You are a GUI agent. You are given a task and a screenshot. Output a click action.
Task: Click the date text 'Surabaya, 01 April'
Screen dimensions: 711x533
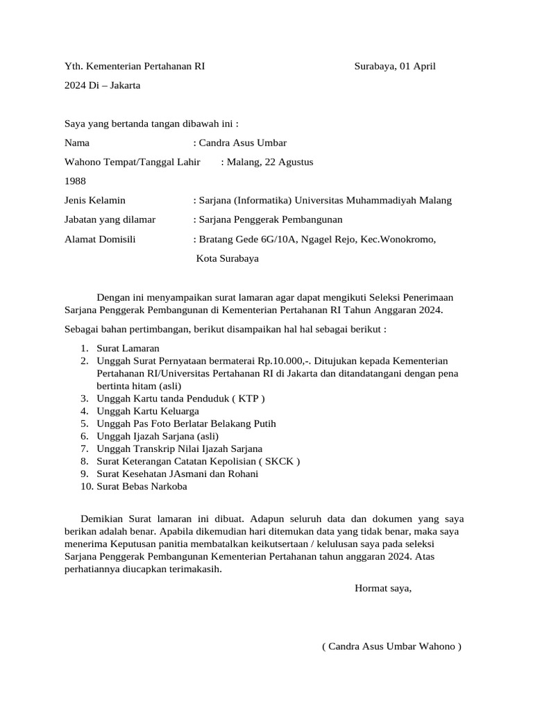[x=394, y=67]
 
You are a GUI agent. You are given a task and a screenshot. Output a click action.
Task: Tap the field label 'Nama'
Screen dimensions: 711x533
[x=77, y=143]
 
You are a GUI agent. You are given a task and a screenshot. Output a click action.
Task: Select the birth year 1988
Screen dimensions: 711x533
[x=75, y=181]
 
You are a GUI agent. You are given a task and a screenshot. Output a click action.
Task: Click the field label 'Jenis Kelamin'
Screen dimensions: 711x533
[x=95, y=200]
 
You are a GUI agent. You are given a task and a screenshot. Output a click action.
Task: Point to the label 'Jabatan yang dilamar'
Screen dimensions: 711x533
[x=110, y=219]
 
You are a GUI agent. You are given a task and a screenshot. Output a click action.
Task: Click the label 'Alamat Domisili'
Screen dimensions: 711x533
[x=100, y=240]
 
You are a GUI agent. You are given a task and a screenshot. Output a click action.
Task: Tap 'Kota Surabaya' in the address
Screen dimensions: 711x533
[x=228, y=258]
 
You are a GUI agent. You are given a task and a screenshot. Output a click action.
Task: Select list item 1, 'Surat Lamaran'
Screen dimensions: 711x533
[x=128, y=348]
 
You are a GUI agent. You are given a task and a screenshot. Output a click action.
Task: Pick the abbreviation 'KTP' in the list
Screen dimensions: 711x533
[x=248, y=399]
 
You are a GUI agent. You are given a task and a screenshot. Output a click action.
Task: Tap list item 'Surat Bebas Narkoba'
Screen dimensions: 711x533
[x=142, y=486]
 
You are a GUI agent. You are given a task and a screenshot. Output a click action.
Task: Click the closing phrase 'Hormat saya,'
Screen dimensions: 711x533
[x=383, y=588]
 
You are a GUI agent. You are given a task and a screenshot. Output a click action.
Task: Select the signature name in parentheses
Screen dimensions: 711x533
[x=391, y=646]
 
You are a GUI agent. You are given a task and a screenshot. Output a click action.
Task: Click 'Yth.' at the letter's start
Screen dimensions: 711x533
[x=73, y=67]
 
